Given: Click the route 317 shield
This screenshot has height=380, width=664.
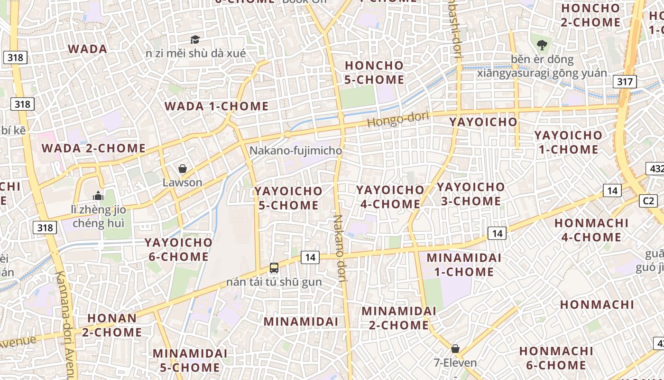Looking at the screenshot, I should [625, 82].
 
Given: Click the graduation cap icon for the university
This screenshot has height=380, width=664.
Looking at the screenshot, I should [195, 39].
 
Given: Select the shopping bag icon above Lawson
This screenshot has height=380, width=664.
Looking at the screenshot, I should [183, 169].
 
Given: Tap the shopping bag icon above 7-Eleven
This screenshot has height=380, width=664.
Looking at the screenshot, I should [455, 349].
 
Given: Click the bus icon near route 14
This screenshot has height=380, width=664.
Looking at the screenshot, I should [274, 268].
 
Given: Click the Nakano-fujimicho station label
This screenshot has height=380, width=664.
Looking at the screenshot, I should [295, 151].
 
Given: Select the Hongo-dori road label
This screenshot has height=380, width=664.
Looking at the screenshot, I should [398, 119].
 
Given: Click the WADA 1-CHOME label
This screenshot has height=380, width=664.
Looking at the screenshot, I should [216, 106].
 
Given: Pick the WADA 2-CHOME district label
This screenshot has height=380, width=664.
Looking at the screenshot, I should [93, 148].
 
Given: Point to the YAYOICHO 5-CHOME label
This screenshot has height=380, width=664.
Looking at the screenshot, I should [288, 198].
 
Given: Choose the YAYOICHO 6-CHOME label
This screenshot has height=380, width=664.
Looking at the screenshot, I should [178, 249].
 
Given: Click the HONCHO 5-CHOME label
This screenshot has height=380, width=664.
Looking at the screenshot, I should [374, 72].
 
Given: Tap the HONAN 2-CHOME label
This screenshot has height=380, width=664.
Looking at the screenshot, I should [112, 325].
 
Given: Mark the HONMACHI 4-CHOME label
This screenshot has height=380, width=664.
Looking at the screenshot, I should [591, 230].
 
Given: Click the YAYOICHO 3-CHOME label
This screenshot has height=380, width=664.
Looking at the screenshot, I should [470, 194].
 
